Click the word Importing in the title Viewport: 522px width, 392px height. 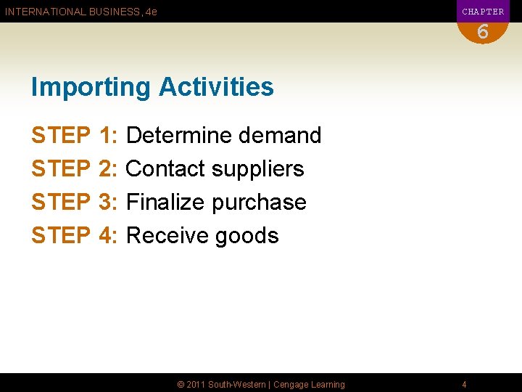coord(91,87)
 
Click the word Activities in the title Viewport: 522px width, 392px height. coord(216,87)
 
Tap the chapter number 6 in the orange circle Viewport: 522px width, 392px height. coord(483,32)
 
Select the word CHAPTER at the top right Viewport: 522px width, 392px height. coord(483,12)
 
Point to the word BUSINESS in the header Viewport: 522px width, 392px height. coord(115,12)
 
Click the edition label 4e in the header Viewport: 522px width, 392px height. coord(151,12)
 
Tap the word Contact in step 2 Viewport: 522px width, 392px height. coord(165,168)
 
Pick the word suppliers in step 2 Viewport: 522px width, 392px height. coord(257,168)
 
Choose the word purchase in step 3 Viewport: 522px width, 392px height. coord(259,202)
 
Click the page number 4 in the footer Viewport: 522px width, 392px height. coord(464,384)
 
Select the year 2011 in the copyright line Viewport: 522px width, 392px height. coord(196,384)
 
